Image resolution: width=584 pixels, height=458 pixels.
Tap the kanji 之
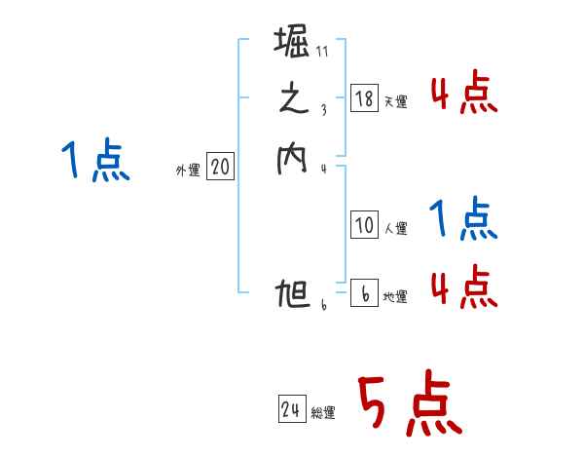coord(292,100)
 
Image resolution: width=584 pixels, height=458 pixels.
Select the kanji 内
coord(292,159)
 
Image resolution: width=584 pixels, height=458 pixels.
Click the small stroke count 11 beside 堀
coord(322,53)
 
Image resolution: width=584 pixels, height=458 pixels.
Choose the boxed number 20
coord(220,168)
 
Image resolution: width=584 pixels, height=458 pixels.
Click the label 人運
coord(396,230)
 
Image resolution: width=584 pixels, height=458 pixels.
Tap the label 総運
coord(324,414)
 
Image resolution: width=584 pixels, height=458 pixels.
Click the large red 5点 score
coord(409,404)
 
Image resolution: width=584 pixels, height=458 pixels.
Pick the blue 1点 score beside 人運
coord(463,220)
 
